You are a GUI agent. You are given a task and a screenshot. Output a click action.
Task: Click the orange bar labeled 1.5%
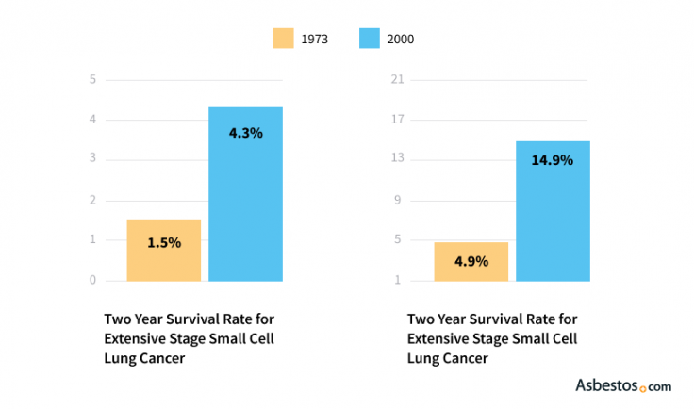pos(164,250)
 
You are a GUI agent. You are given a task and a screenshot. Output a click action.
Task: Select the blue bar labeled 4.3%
pos(245,193)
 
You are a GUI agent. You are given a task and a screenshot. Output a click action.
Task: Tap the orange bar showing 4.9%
pos(471,261)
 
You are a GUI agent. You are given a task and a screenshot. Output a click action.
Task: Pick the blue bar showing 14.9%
pos(553,210)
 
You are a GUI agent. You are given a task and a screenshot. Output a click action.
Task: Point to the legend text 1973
pos(315,40)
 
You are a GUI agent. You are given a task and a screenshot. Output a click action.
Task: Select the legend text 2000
pos(401,40)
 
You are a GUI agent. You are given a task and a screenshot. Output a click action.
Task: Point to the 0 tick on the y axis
pos(92,280)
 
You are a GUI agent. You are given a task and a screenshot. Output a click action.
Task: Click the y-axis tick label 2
pos(92,200)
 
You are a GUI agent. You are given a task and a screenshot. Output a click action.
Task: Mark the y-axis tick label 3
pos(92,159)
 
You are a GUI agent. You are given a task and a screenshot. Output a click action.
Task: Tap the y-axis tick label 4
pos(92,120)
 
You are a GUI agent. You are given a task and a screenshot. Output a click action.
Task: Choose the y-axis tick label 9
pos(400,200)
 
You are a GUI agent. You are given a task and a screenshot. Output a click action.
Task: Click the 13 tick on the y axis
pos(398,159)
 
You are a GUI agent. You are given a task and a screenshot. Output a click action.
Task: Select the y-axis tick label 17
pos(398,120)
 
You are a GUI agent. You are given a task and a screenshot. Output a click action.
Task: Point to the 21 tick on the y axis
pos(398,79)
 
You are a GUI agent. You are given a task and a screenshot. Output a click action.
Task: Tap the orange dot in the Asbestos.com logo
pos(643,387)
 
